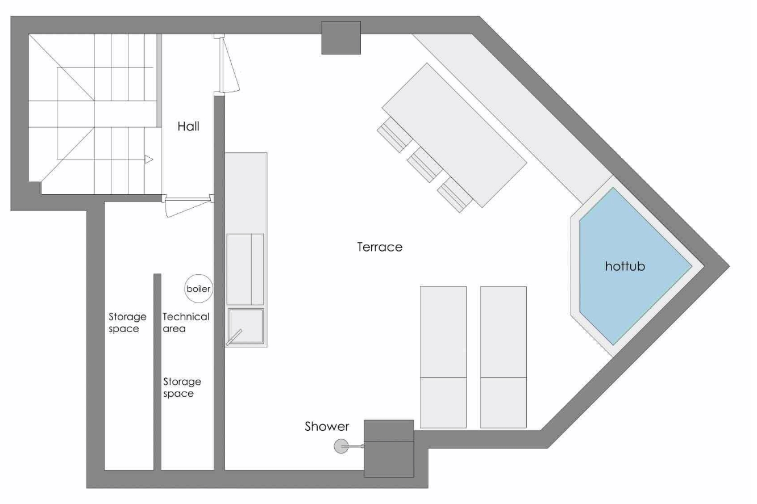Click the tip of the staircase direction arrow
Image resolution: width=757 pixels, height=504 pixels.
[153, 159]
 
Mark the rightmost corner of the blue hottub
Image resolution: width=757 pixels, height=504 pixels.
[692, 266]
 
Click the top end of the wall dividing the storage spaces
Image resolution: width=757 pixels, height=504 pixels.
[157, 274]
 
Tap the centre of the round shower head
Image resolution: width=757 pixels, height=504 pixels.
[341, 446]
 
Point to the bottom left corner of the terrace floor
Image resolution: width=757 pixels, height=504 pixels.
[225, 469]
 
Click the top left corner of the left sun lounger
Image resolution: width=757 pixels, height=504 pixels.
[421, 287]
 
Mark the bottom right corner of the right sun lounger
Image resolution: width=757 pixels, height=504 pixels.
[526, 428]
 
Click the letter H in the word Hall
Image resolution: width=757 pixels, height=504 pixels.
[181, 127]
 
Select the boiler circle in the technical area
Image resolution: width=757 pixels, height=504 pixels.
[199, 289]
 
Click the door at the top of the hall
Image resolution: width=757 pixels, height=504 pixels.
[227, 64]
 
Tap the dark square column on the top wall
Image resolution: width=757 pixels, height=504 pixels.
[341, 37]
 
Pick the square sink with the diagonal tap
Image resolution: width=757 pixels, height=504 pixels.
[246, 326]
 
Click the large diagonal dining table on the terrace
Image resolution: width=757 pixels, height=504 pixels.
[455, 135]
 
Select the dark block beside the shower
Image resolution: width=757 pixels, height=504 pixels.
[389, 448]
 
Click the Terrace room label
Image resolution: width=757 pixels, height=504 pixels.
[380, 247]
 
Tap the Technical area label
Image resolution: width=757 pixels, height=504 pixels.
[186, 322]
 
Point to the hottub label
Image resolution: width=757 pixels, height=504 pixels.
[625, 266]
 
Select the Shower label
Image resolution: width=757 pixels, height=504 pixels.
[327, 426]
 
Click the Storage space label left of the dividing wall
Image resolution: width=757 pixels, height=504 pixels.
[127, 322]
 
